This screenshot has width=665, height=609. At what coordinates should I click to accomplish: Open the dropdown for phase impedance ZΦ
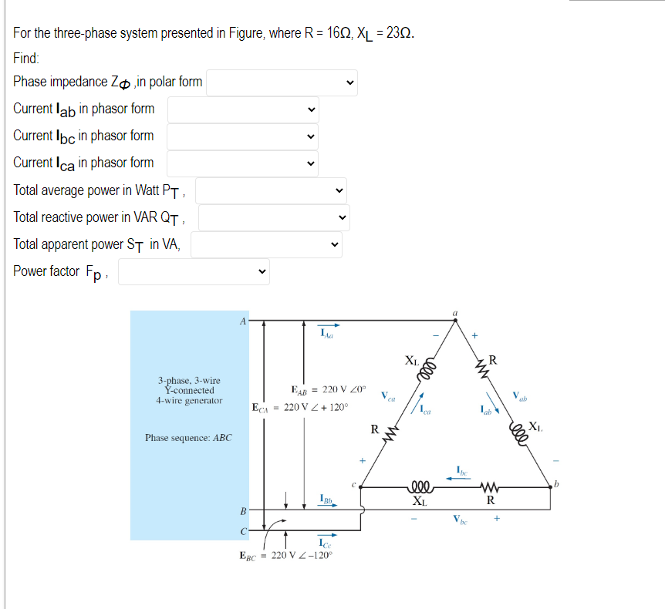tap(282, 82)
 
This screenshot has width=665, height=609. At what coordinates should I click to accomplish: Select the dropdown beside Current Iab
tap(243, 109)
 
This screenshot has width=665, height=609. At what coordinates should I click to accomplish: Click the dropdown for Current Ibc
tap(243, 136)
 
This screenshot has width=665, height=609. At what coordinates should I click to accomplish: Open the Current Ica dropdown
tap(243, 163)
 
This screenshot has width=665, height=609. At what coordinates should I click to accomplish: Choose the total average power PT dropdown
tap(272, 190)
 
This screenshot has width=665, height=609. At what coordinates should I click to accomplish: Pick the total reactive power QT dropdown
tap(275, 217)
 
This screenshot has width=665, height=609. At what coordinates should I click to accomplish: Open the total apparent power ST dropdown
tap(266, 245)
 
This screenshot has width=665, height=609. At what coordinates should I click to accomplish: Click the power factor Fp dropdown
tap(194, 271)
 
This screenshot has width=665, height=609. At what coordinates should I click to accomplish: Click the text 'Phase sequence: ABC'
tap(188, 438)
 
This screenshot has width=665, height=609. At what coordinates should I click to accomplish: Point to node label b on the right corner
tap(555, 484)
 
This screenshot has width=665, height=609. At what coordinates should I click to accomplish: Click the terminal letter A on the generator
tap(242, 320)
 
